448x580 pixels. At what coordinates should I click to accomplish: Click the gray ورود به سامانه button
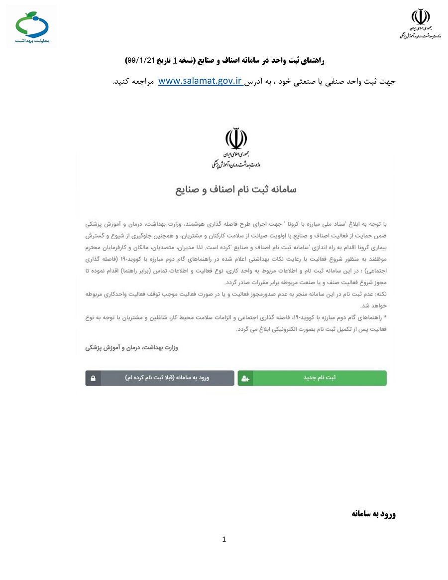(x=167, y=378)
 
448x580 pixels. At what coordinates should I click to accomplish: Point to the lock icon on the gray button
(x=93, y=378)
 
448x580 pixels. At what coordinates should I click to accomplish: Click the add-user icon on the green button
(x=245, y=378)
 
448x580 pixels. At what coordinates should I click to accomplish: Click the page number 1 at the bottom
(x=224, y=539)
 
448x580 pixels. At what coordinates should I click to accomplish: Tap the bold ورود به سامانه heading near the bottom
(x=373, y=514)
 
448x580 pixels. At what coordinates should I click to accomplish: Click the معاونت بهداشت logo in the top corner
(x=32, y=26)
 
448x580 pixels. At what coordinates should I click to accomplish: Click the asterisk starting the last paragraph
(x=385, y=318)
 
